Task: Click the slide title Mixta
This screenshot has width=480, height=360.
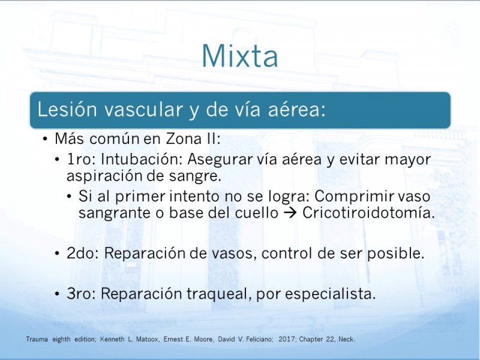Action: pyautogui.click(x=240, y=56)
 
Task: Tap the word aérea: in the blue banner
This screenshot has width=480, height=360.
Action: pyautogui.click(x=296, y=109)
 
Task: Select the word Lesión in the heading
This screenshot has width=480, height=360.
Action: pyautogui.click(x=67, y=109)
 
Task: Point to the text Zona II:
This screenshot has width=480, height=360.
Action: pyautogui.click(x=193, y=139)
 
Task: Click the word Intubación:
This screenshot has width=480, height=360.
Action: pyautogui.click(x=142, y=159)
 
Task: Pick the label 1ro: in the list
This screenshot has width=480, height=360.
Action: pyautogui.click(x=82, y=159)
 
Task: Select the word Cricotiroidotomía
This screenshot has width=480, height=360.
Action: pyautogui.click(x=368, y=213)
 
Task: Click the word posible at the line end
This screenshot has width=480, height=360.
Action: pyautogui.click(x=396, y=253)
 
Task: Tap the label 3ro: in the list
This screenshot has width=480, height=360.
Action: pyautogui.click(x=82, y=293)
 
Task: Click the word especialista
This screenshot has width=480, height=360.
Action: pyautogui.click(x=331, y=294)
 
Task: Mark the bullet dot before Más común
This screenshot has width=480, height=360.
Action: pyautogui.click(x=46, y=139)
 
